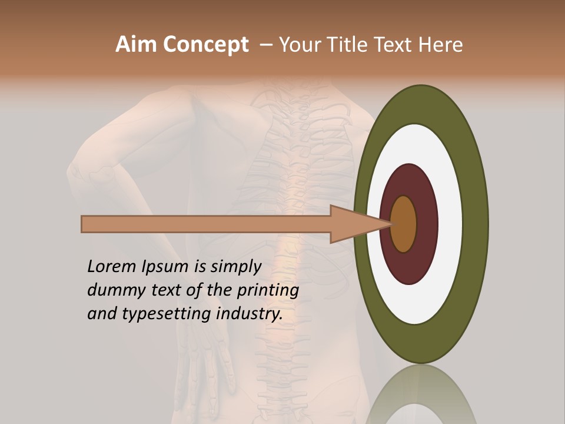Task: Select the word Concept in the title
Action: coord(205,45)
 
